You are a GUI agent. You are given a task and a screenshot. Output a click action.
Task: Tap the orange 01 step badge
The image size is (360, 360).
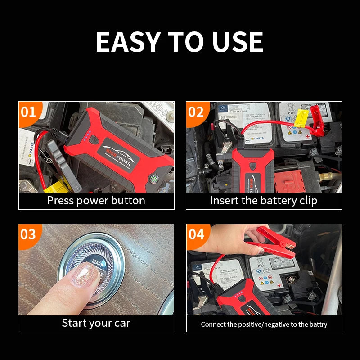pos(28,112)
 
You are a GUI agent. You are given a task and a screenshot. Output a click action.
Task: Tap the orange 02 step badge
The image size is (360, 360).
pos(196,112)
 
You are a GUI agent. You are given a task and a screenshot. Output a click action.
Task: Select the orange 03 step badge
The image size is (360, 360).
pos(28,234)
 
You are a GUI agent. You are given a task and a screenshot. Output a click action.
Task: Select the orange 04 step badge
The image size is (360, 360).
pos(196,234)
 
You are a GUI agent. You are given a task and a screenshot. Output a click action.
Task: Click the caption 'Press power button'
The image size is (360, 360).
pos(96,201)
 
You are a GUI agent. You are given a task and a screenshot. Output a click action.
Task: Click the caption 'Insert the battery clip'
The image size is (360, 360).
pos(264,201)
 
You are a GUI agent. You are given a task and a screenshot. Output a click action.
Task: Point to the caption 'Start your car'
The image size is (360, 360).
pos(96,323)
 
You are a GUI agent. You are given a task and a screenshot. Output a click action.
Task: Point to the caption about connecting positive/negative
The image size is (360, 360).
pos(264,324)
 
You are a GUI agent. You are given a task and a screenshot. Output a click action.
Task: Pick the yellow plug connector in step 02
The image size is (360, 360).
pos(301,118)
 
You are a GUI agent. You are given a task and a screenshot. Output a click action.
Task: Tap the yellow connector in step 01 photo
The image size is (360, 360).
pos(56,186)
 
